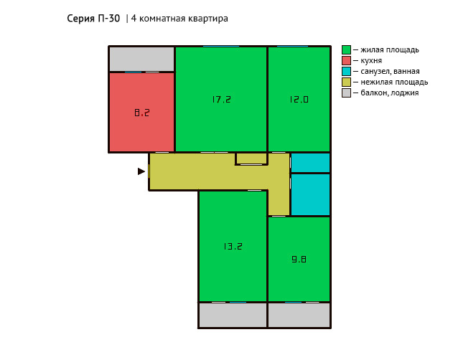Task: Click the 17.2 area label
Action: (221, 100)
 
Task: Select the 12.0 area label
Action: (299, 100)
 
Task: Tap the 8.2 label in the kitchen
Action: (142, 113)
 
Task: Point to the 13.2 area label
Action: (233, 246)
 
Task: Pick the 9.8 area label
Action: (299, 260)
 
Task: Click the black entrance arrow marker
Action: (141, 171)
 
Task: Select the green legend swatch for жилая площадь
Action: (346, 49)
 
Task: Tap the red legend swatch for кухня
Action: (346, 60)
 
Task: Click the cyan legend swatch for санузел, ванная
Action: (346, 71)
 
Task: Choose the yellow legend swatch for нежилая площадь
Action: (346, 82)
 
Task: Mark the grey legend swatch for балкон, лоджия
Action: (346, 93)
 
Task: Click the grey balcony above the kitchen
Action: (141, 59)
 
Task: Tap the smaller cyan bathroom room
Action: (310, 163)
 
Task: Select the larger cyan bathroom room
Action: (310, 194)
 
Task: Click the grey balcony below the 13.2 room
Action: (233, 315)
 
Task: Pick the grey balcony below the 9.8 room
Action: (299, 315)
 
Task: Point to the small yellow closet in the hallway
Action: (251, 158)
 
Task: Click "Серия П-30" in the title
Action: (93, 19)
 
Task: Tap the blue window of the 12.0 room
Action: (292, 46)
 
